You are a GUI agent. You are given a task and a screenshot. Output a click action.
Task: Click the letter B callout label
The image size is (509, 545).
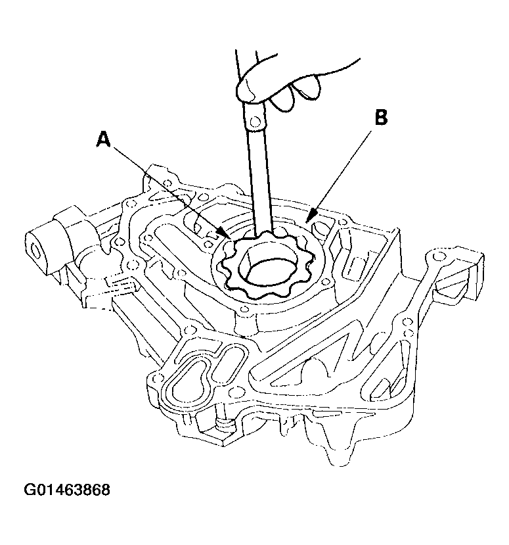382,118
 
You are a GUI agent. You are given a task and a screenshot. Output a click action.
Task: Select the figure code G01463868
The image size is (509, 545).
67,490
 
